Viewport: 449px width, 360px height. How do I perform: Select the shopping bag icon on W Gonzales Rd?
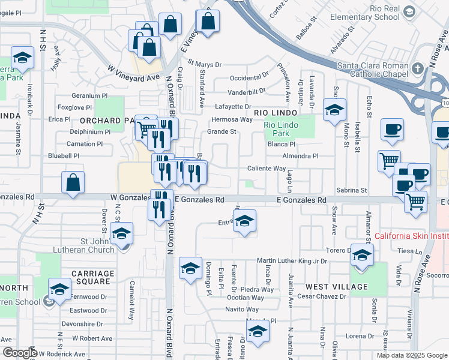(73, 183)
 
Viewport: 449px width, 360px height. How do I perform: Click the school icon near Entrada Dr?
(244, 221)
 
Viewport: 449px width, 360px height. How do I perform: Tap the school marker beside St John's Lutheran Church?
(121, 234)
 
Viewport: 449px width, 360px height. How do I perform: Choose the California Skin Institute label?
(411, 236)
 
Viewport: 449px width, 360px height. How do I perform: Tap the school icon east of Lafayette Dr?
(334, 110)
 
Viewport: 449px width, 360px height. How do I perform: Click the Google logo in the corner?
(20, 353)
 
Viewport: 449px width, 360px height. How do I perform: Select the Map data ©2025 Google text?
(411, 355)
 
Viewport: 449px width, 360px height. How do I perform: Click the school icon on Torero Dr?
(361, 256)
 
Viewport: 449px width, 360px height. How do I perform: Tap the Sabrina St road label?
(353, 190)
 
